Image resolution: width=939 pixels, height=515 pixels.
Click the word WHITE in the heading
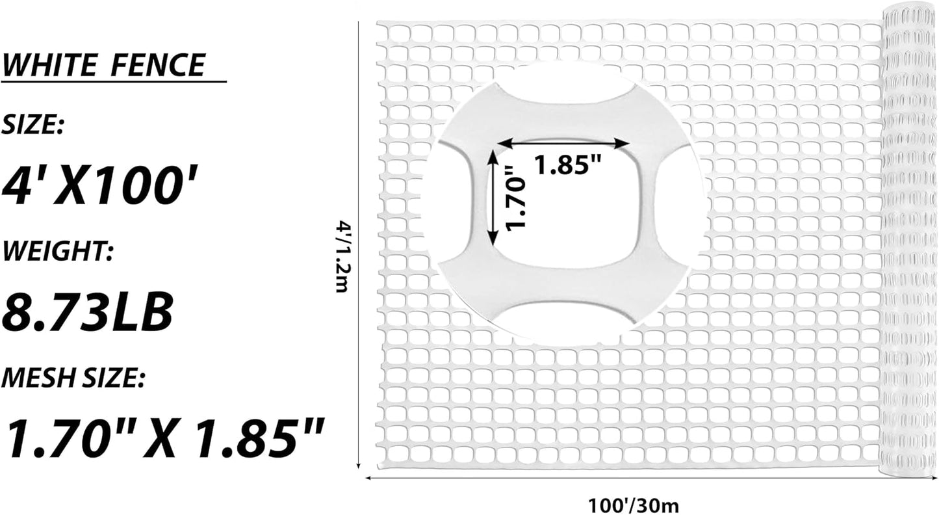tap(49, 65)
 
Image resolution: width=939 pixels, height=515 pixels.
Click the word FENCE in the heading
tap(158, 65)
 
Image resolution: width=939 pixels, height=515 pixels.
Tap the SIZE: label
tap(32, 125)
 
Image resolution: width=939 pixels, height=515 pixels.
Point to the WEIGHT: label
tap(57, 251)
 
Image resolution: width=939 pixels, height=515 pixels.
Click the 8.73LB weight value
tap(87, 311)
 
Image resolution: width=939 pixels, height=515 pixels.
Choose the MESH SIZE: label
tap(73, 378)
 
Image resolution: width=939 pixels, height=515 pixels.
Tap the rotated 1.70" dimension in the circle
tap(515, 198)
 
